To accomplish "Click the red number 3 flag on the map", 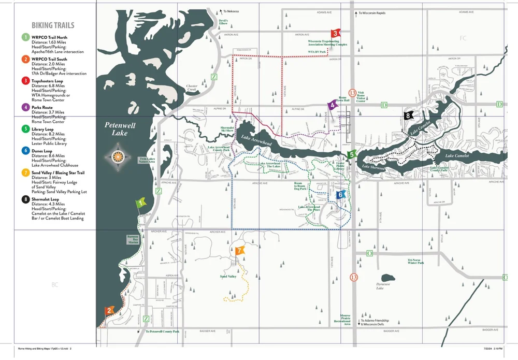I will click(x=335, y=33).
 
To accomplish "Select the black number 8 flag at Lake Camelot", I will click(x=409, y=116).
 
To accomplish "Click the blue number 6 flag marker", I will click(x=340, y=194).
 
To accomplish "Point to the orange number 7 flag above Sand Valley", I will click(x=239, y=251).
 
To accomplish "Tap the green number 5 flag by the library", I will click(x=352, y=154).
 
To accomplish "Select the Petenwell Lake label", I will click(x=116, y=129).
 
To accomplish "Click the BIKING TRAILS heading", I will click(x=53, y=25).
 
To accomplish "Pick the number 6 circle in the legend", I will click(x=25, y=151).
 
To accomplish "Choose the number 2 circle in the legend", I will click(x=25, y=60).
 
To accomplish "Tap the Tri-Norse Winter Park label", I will click(x=415, y=262).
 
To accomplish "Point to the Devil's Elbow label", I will click(x=223, y=22).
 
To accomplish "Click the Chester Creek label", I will click(x=193, y=89).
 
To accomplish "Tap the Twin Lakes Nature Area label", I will click(x=147, y=160).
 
